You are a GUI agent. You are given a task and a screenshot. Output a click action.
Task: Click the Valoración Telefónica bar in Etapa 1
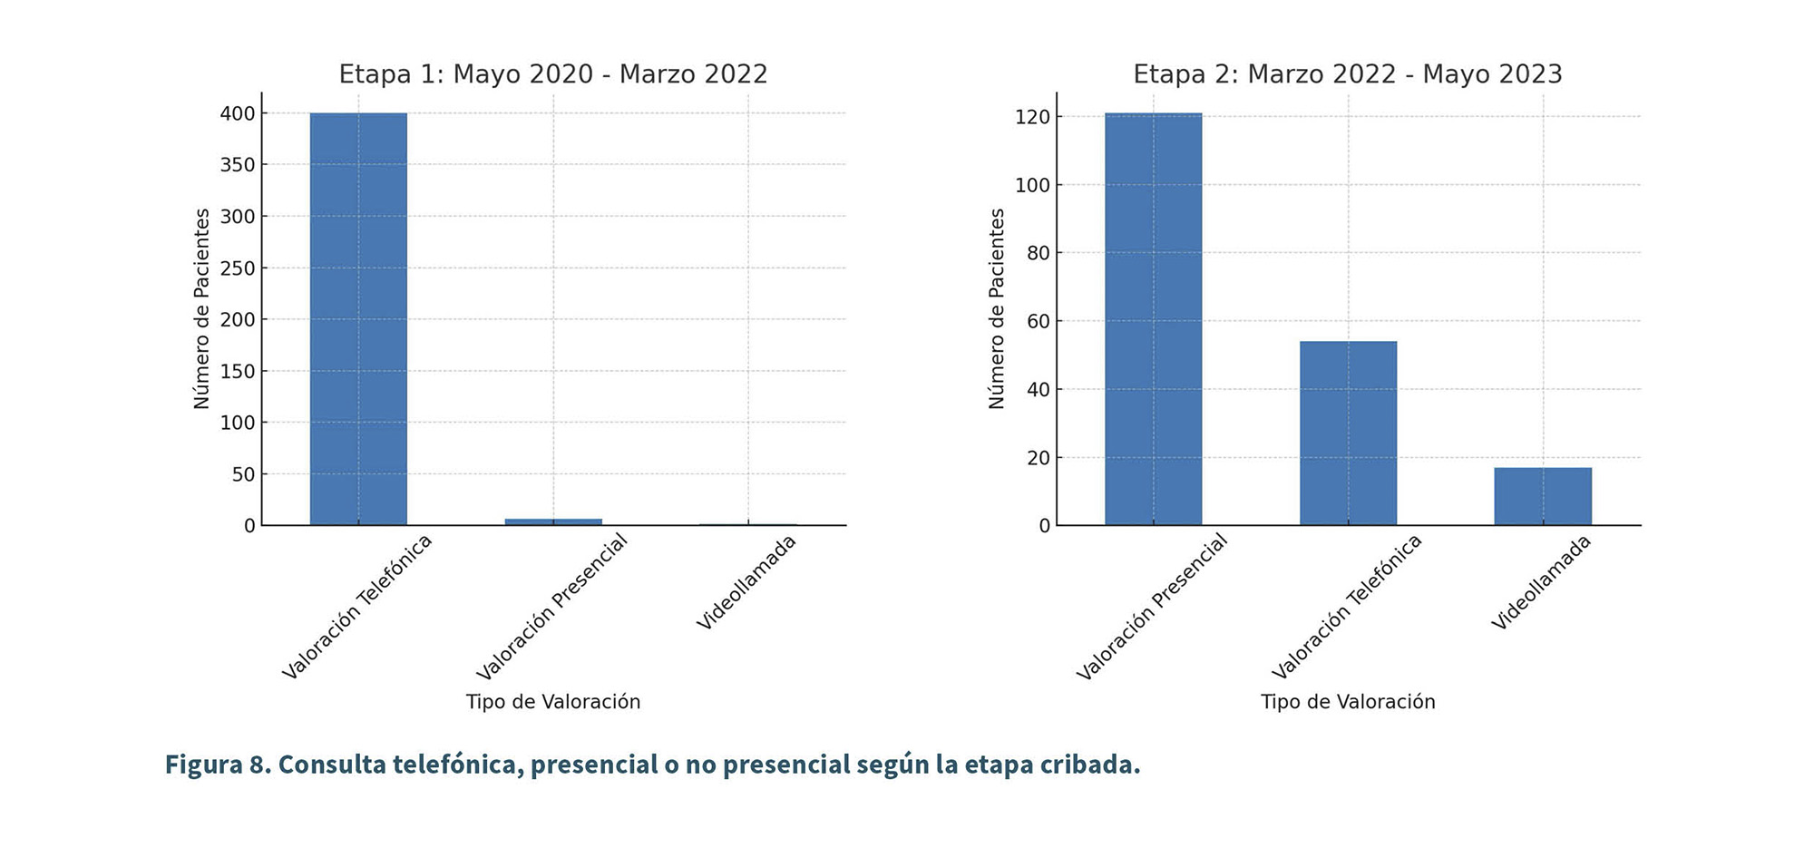pyautogui.click(x=358, y=318)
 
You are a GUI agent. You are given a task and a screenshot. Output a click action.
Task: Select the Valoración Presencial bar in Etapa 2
pyautogui.click(x=1153, y=318)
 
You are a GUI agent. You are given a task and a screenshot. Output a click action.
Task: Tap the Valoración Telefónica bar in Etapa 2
pyautogui.click(x=1348, y=433)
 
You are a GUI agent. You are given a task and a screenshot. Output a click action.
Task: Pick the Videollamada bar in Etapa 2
pyautogui.click(x=1543, y=496)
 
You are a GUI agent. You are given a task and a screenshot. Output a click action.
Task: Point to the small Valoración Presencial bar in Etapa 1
pyautogui.click(x=553, y=521)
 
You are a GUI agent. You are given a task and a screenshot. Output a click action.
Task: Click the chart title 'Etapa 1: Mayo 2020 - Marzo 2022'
pyautogui.click(x=553, y=74)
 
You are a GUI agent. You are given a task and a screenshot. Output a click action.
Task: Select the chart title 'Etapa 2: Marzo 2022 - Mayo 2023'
pyautogui.click(x=1348, y=74)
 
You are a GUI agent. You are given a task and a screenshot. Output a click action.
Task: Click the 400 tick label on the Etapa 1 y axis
pyautogui.click(x=238, y=113)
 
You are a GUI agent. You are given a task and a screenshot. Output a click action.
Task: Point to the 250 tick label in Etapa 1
pyautogui.click(x=238, y=268)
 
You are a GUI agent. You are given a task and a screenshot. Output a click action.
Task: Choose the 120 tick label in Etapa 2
pyautogui.click(x=1032, y=117)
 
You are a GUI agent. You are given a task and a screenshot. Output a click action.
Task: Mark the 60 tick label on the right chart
pyautogui.click(x=1038, y=321)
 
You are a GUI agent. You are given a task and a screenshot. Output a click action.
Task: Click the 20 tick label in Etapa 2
pyautogui.click(x=1038, y=458)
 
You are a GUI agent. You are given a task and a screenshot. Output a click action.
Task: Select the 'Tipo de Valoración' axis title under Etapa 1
pyautogui.click(x=553, y=702)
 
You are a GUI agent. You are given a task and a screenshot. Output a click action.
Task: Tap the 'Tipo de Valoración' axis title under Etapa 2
pyautogui.click(x=1348, y=702)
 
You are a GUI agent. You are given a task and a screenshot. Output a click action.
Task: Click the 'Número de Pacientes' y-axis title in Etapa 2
pyautogui.click(x=997, y=308)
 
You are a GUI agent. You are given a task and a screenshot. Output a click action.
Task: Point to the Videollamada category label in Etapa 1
pyautogui.click(x=746, y=582)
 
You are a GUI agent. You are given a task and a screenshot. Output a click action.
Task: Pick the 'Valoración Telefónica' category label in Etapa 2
pyautogui.click(x=1347, y=607)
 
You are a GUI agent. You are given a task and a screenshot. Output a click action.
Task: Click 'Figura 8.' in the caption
pyautogui.click(x=218, y=764)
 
